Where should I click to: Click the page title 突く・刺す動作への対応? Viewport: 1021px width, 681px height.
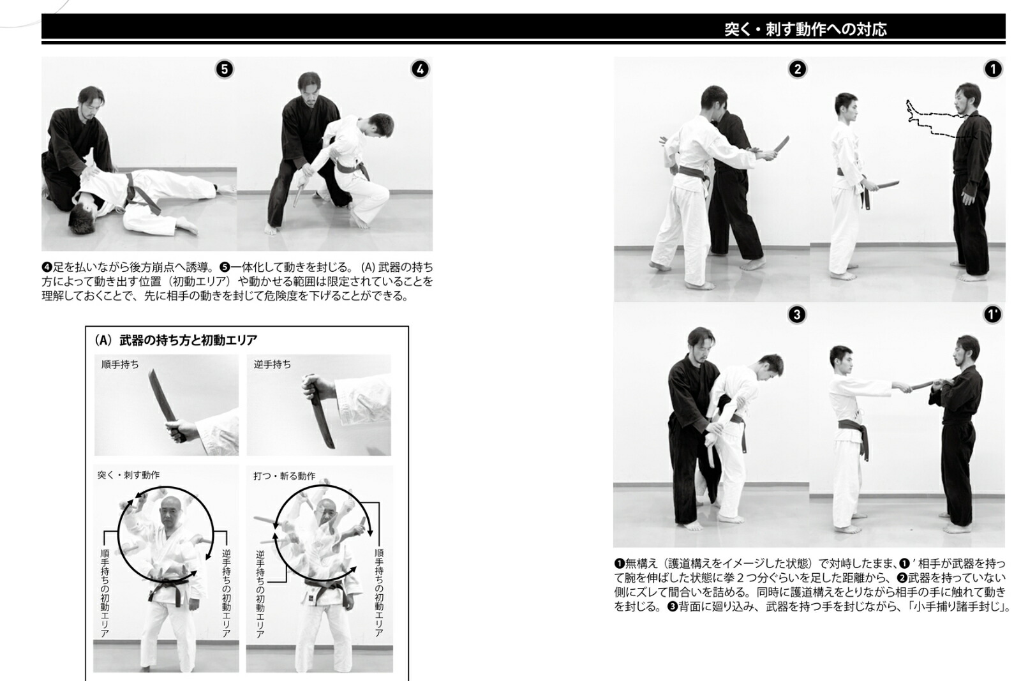pyautogui.click(x=805, y=29)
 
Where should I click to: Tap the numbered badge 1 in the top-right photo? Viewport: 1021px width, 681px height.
pyautogui.click(x=993, y=70)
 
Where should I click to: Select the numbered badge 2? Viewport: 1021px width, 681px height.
pyautogui.click(x=797, y=70)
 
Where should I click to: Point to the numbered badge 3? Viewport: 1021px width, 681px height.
pyautogui.click(x=797, y=315)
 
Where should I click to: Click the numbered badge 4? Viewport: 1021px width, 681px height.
pyautogui.click(x=420, y=70)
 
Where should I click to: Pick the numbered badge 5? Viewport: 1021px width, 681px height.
pyautogui.click(x=224, y=70)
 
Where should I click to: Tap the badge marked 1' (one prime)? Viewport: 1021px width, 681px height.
pyautogui.click(x=993, y=315)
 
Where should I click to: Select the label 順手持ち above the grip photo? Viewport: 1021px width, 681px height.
pyautogui.click(x=120, y=364)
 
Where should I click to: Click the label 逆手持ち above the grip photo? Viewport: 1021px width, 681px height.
pyautogui.click(x=272, y=364)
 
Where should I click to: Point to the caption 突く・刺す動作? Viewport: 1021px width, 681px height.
pyautogui.click(x=128, y=475)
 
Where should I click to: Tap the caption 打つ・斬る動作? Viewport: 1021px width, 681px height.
pyautogui.click(x=285, y=476)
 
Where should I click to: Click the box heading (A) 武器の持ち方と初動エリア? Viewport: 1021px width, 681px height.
pyautogui.click(x=175, y=340)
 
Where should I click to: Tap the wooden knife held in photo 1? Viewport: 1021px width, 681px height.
pyautogui.click(x=883, y=186)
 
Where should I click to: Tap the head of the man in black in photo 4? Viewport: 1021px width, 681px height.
pyautogui.click(x=309, y=87)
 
